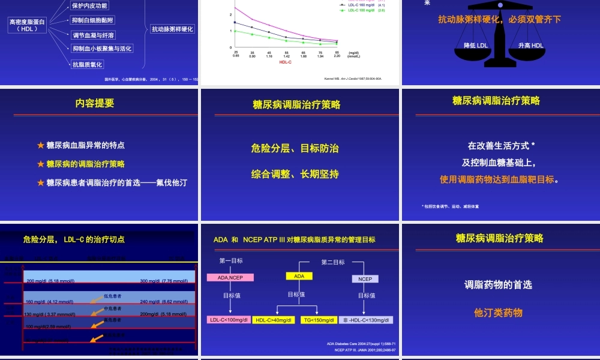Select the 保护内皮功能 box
coord(90,6)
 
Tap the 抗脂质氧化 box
coord(88,64)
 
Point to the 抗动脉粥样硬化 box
coord(173,29)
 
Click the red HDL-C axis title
coord(285,61)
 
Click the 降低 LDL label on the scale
coord(476,46)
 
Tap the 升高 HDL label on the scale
coord(530,46)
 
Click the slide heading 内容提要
coord(95,103)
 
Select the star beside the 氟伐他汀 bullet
coord(41,182)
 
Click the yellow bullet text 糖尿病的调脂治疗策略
coord(85,164)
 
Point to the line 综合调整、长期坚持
coord(295,174)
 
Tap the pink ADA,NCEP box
coord(230,278)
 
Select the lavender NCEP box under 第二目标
coord(365,279)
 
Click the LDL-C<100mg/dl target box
coord(228,320)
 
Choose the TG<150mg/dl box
coord(318,320)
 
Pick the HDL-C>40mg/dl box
coord(273,320)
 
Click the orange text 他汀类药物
coord(498,313)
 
